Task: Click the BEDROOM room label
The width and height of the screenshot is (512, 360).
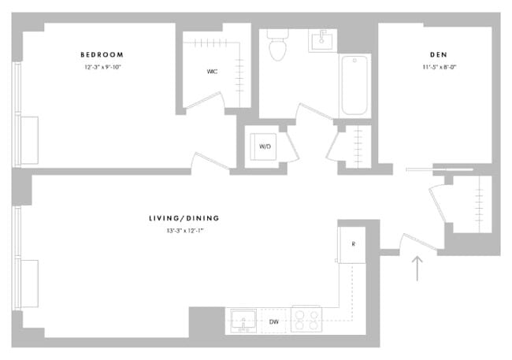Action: pyautogui.click(x=102, y=54)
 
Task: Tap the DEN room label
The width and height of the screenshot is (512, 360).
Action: pyautogui.click(x=438, y=54)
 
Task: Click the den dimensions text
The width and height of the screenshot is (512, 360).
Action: pyautogui.click(x=438, y=67)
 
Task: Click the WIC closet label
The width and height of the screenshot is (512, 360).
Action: pyautogui.click(x=212, y=72)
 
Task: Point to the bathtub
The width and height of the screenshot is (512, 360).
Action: pyautogui.click(x=354, y=85)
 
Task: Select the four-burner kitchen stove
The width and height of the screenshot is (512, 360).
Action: pyautogui.click(x=306, y=320)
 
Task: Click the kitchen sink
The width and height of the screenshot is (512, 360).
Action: pyautogui.click(x=243, y=321)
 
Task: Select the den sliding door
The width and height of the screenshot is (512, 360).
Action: pyautogui.click(x=440, y=169)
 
